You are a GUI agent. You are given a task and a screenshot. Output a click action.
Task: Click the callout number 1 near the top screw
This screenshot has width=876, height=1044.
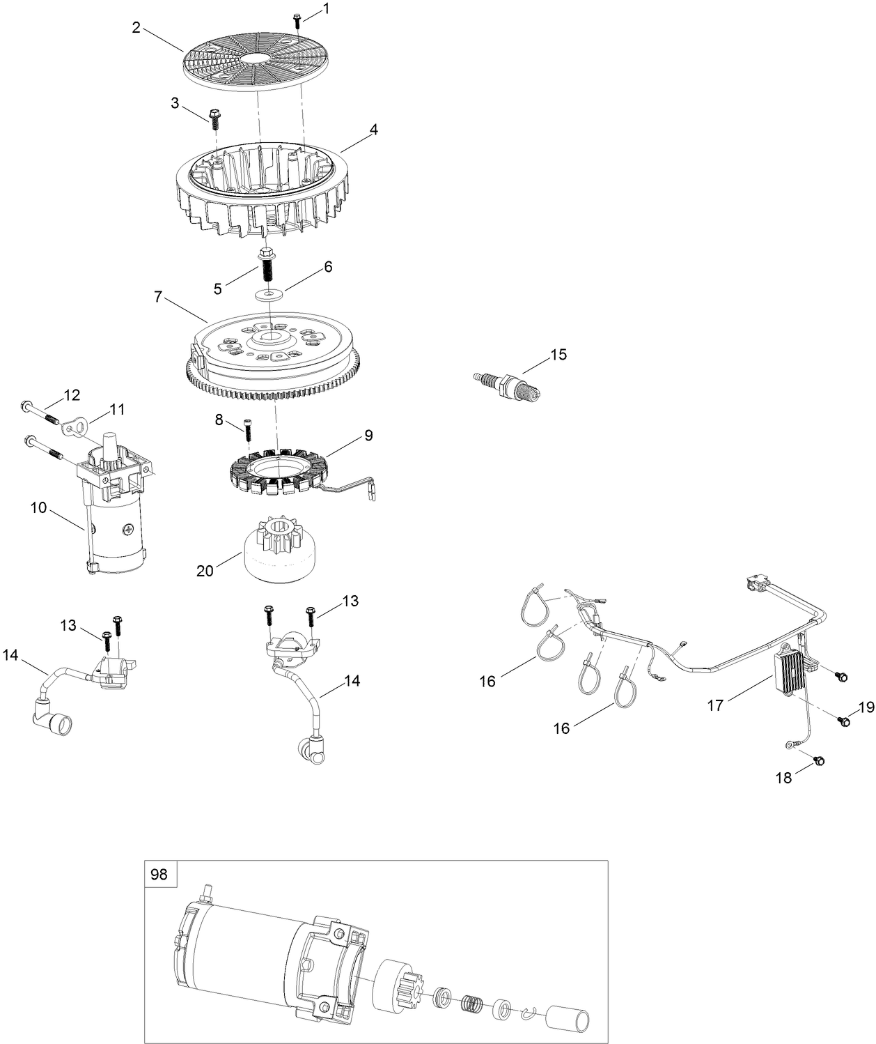click(x=322, y=9)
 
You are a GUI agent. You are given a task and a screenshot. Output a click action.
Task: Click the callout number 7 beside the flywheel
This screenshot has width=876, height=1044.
click(x=158, y=297)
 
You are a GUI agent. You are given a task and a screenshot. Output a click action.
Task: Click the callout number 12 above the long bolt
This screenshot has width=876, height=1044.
click(x=72, y=395)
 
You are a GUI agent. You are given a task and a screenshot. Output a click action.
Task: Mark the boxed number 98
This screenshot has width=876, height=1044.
click(x=159, y=874)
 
